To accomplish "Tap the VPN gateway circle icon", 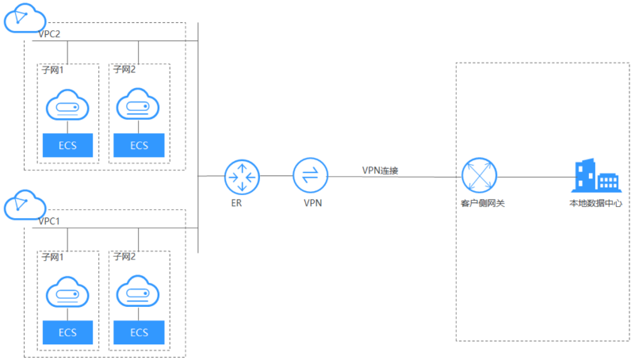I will click(x=310, y=176).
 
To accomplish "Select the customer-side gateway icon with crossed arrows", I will click(x=479, y=176).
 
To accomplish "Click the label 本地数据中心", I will click(x=595, y=204).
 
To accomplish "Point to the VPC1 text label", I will click(x=49, y=221).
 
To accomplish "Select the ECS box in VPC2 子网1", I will click(x=67, y=145).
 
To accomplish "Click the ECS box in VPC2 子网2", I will click(x=139, y=145).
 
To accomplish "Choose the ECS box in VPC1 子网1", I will click(x=67, y=332).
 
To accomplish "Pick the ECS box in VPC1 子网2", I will click(x=139, y=332).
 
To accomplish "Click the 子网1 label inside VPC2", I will click(x=54, y=71).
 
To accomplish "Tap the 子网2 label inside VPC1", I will click(x=125, y=258).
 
